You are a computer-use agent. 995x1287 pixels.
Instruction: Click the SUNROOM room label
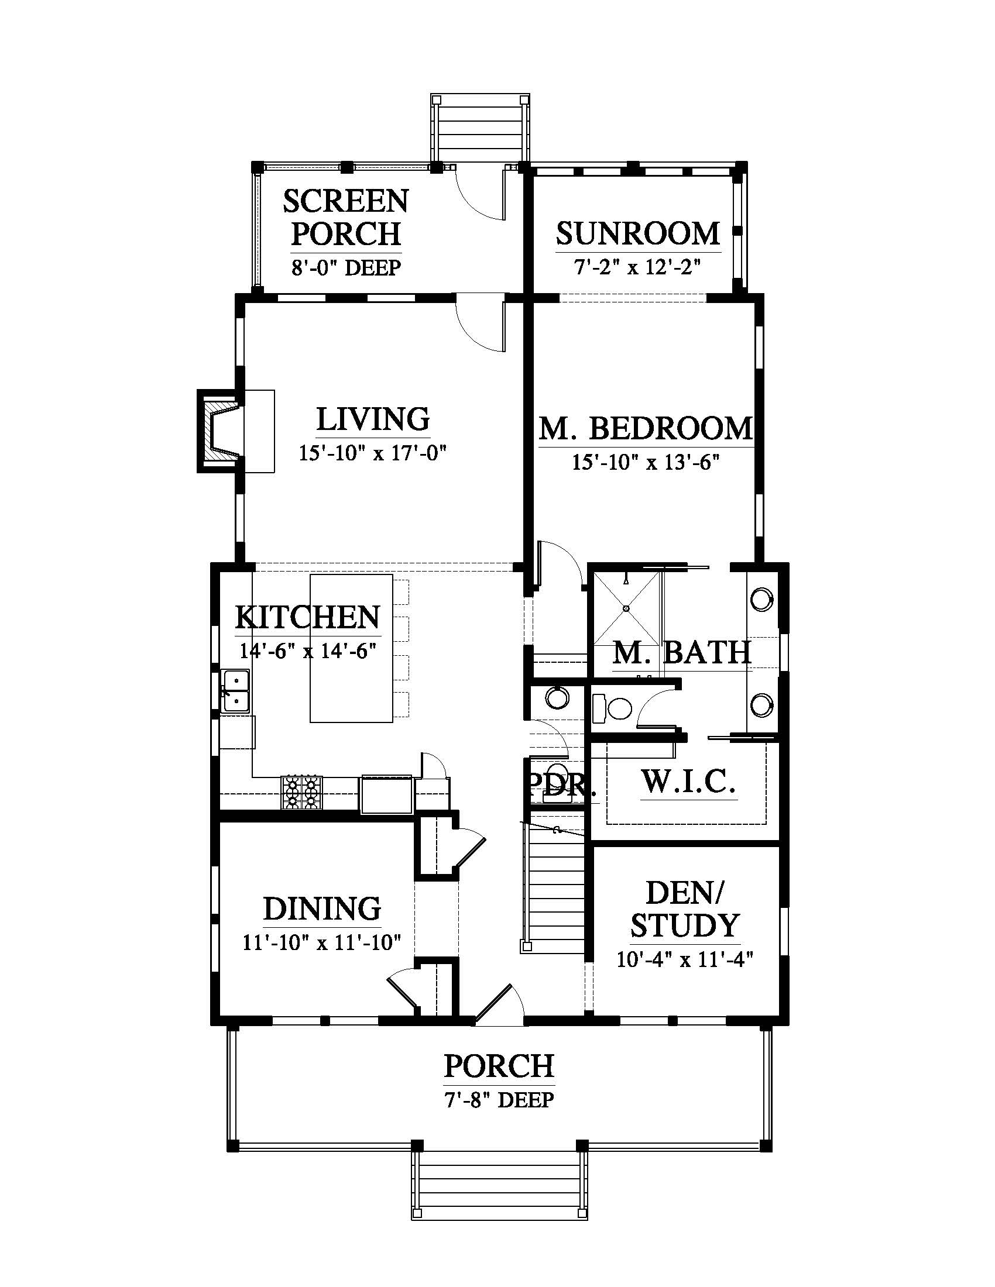click(638, 233)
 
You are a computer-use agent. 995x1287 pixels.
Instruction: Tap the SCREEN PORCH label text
click(346, 218)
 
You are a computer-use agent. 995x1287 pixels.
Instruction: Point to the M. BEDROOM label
click(646, 428)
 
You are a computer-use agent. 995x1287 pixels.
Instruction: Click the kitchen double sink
click(235, 691)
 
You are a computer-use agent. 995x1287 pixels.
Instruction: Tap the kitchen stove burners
click(302, 793)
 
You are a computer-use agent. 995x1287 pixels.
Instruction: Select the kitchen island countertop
click(351, 648)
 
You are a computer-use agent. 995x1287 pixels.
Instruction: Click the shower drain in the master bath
click(627, 608)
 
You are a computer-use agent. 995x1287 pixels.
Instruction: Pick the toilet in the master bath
click(610, 708)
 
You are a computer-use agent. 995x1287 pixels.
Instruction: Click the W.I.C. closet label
click(688, 782)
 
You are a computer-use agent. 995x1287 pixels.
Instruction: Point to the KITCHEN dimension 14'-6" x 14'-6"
click(308, 651)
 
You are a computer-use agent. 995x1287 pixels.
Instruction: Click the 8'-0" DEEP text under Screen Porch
click(346, 268)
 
